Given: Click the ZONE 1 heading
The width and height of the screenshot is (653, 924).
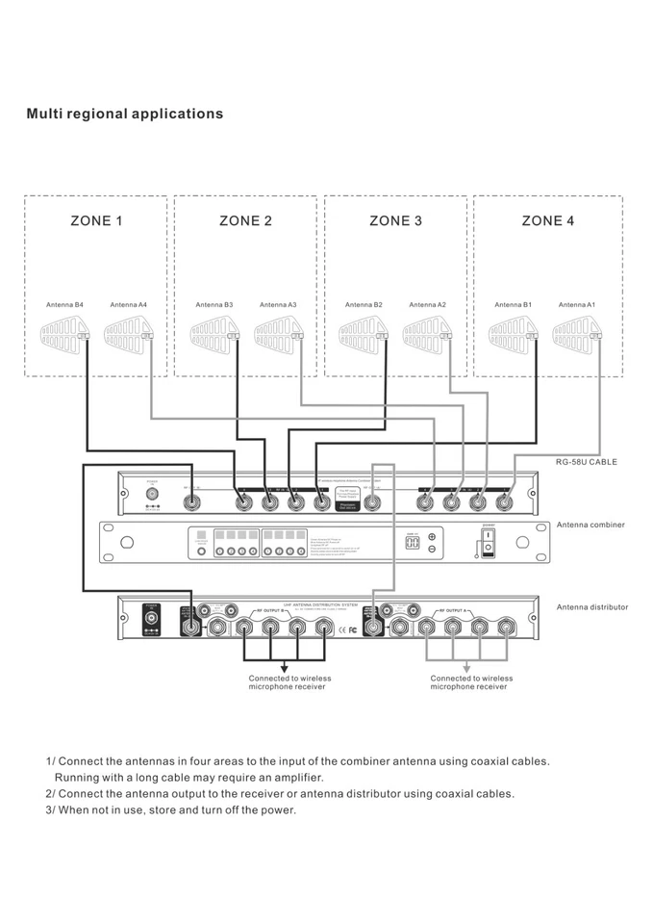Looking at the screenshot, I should (96, 220).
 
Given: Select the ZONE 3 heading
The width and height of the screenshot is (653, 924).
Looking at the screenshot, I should (395, 220).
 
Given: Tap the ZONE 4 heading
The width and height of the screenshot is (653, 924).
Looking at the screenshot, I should (548, 220).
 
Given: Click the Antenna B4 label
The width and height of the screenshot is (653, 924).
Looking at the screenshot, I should (65, 305).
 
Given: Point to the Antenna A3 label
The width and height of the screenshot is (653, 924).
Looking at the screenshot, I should (278, 305).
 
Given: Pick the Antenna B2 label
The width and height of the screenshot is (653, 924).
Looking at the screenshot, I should (364, 305).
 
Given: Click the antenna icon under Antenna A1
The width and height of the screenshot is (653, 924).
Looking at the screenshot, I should (577, 334).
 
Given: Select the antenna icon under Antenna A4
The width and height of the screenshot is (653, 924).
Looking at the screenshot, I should (128, 334).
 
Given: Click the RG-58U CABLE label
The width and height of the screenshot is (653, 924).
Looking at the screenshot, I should (586, 462).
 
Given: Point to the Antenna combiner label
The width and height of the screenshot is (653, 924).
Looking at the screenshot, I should (590, 525).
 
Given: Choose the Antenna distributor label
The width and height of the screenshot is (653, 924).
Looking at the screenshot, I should (591, 607).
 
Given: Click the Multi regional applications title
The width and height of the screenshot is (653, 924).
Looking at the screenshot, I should (125, 114).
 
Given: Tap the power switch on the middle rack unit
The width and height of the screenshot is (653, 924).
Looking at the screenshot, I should (488, 542).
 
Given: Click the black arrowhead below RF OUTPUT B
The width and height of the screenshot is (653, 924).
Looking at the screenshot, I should (284, 667).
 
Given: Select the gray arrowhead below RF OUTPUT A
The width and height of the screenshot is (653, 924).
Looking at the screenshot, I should (466, 667).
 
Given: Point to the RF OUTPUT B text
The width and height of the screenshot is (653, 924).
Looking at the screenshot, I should (271, 611).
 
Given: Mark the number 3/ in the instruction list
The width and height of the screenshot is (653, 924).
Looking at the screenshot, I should (52, 809).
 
